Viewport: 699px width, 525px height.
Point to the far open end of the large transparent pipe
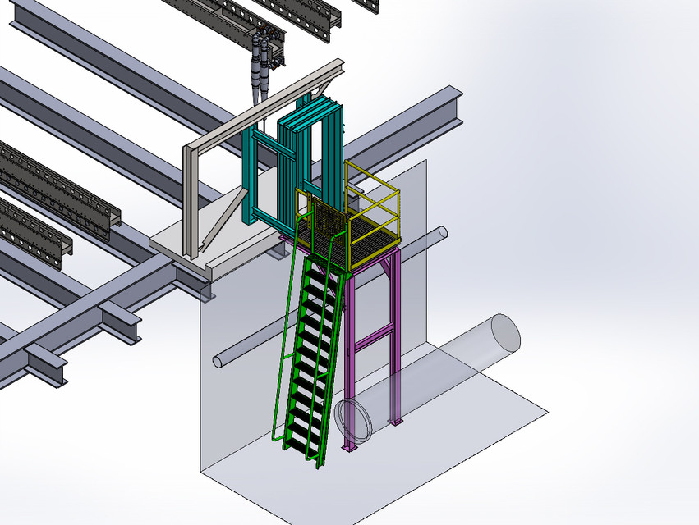pos(504,333)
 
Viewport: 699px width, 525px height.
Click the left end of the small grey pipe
pos(218,360)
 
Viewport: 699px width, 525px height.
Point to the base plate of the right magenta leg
pos(397,422)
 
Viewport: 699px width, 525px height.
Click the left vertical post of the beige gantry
pos(190,201)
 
